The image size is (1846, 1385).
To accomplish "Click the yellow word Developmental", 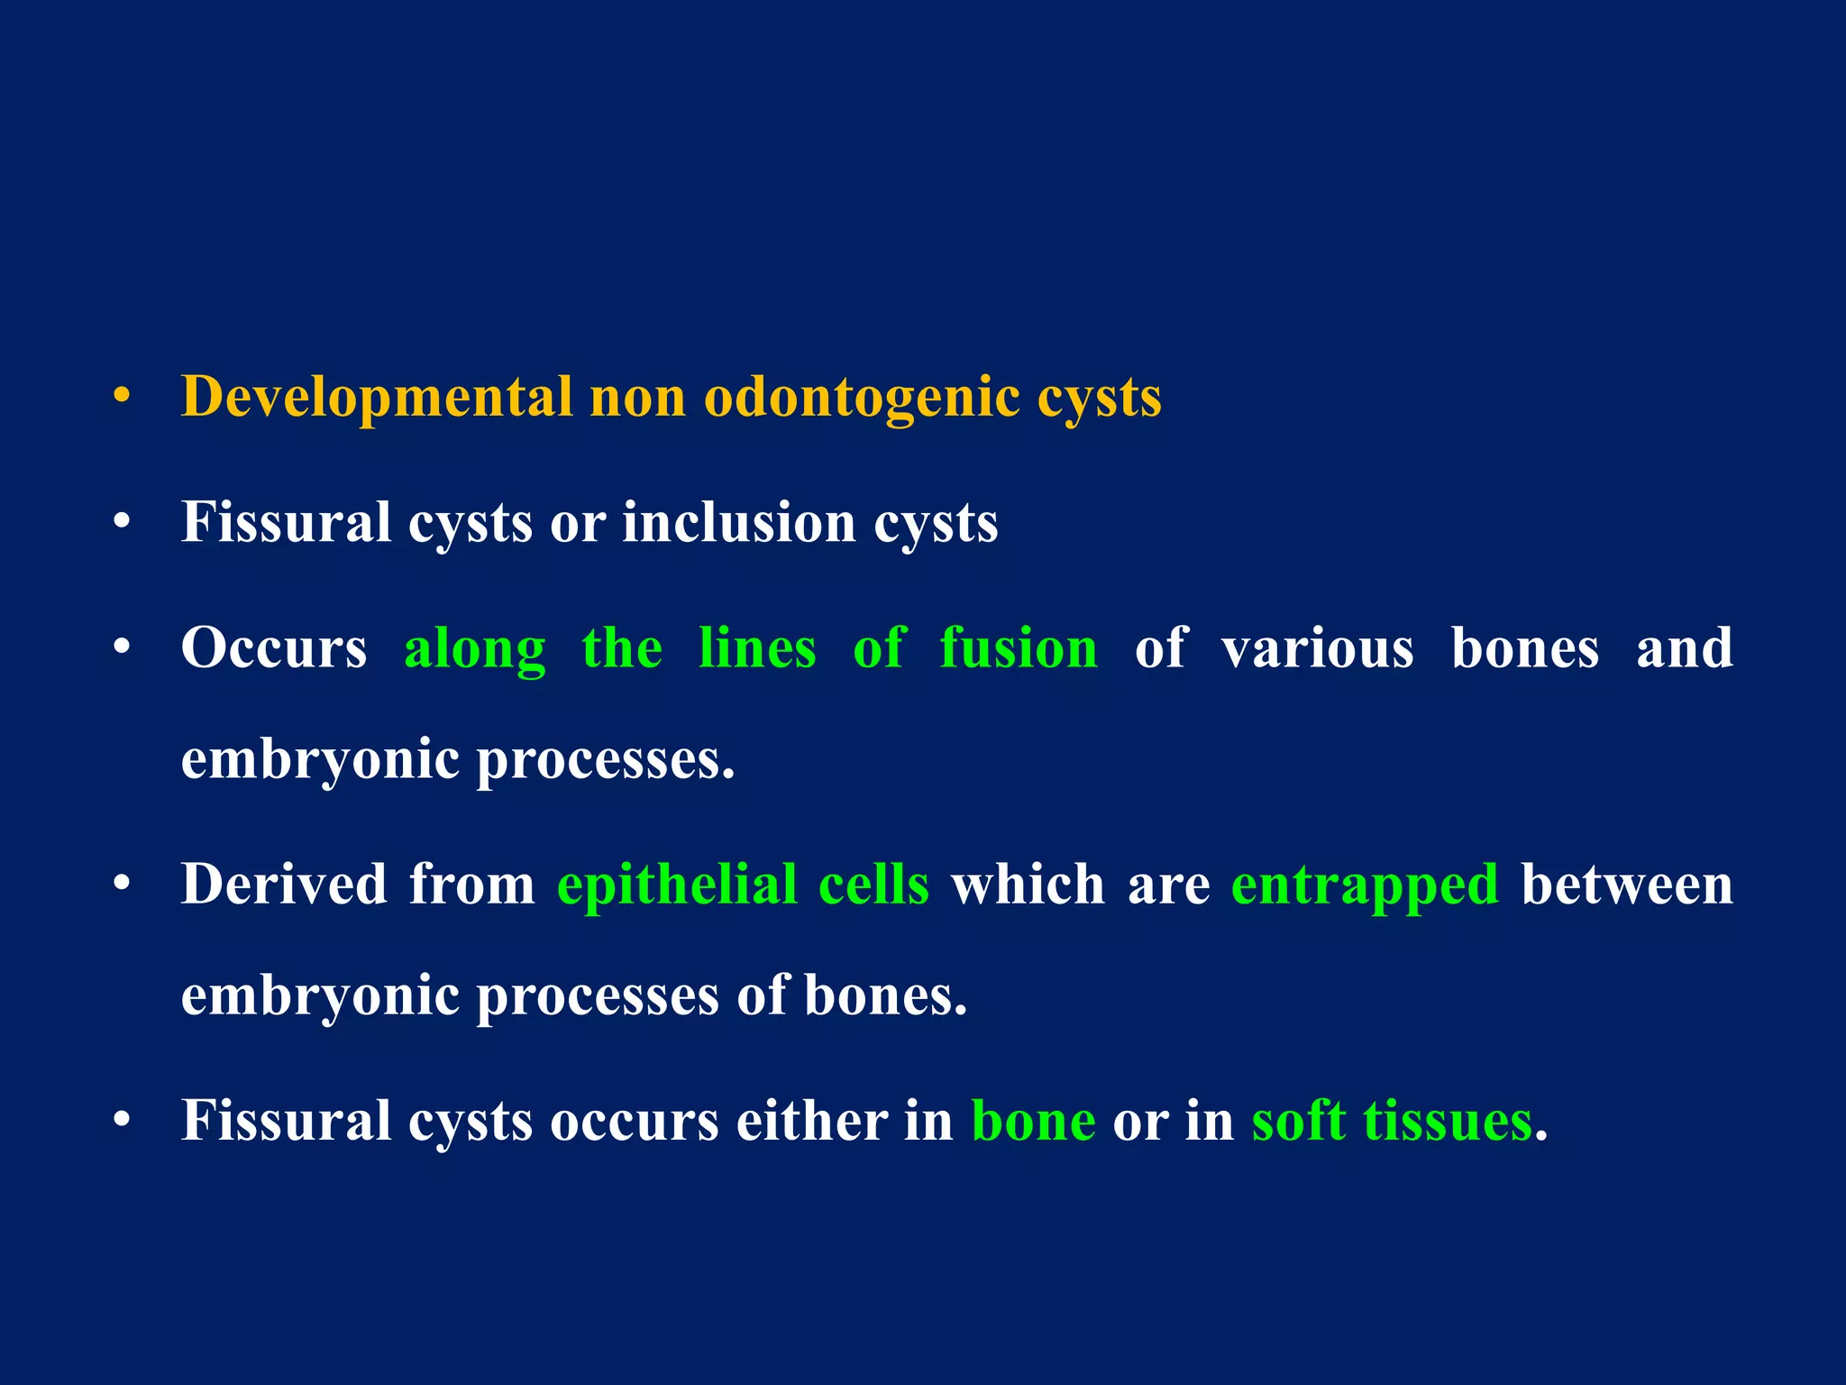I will click(377, 397).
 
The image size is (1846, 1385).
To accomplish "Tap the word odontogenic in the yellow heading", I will click(861, 397).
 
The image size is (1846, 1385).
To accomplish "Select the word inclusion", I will click(738, 523).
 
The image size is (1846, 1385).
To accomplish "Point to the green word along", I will click(475, 649).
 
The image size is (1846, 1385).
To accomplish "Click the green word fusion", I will click(1019, 649).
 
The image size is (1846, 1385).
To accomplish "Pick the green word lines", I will click(757, 649).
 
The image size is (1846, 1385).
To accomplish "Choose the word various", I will click(1317, 649).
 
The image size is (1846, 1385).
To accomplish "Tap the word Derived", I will click(284, 885).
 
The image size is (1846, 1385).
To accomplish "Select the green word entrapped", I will click(1365, 885).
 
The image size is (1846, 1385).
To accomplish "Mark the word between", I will click(1627, 885).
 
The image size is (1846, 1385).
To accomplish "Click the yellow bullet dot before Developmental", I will click(123, 397).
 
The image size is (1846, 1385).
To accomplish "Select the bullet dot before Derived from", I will click(123, 885).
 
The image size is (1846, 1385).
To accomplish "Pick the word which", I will click(1028, 885).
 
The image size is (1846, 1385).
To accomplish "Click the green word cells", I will click(873, 885).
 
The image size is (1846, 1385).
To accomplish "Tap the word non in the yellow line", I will click(637, 397).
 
